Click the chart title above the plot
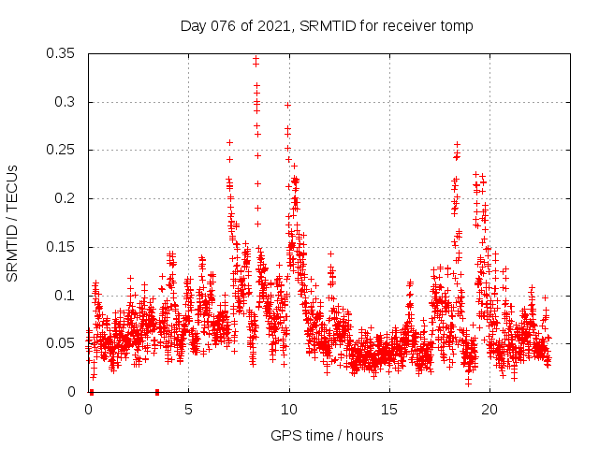pos(327,26)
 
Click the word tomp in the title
pos(457,26)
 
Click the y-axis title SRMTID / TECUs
pos(12,224)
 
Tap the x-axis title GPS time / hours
pos(327,435)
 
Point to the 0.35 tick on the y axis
pos(63,53)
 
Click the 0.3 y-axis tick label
pos(67,102)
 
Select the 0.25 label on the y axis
pos(63,150)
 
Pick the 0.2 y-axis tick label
pos(67,198)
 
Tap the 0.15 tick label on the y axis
pos(63,247)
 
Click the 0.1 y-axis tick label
pos(67,296)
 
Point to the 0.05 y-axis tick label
pos(63,343)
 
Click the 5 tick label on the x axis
pos(188,410)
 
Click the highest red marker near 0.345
pos(256,59)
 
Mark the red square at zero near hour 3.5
pos(157,392)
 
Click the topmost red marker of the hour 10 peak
pos(287,105)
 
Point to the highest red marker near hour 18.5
pos(457,145)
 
